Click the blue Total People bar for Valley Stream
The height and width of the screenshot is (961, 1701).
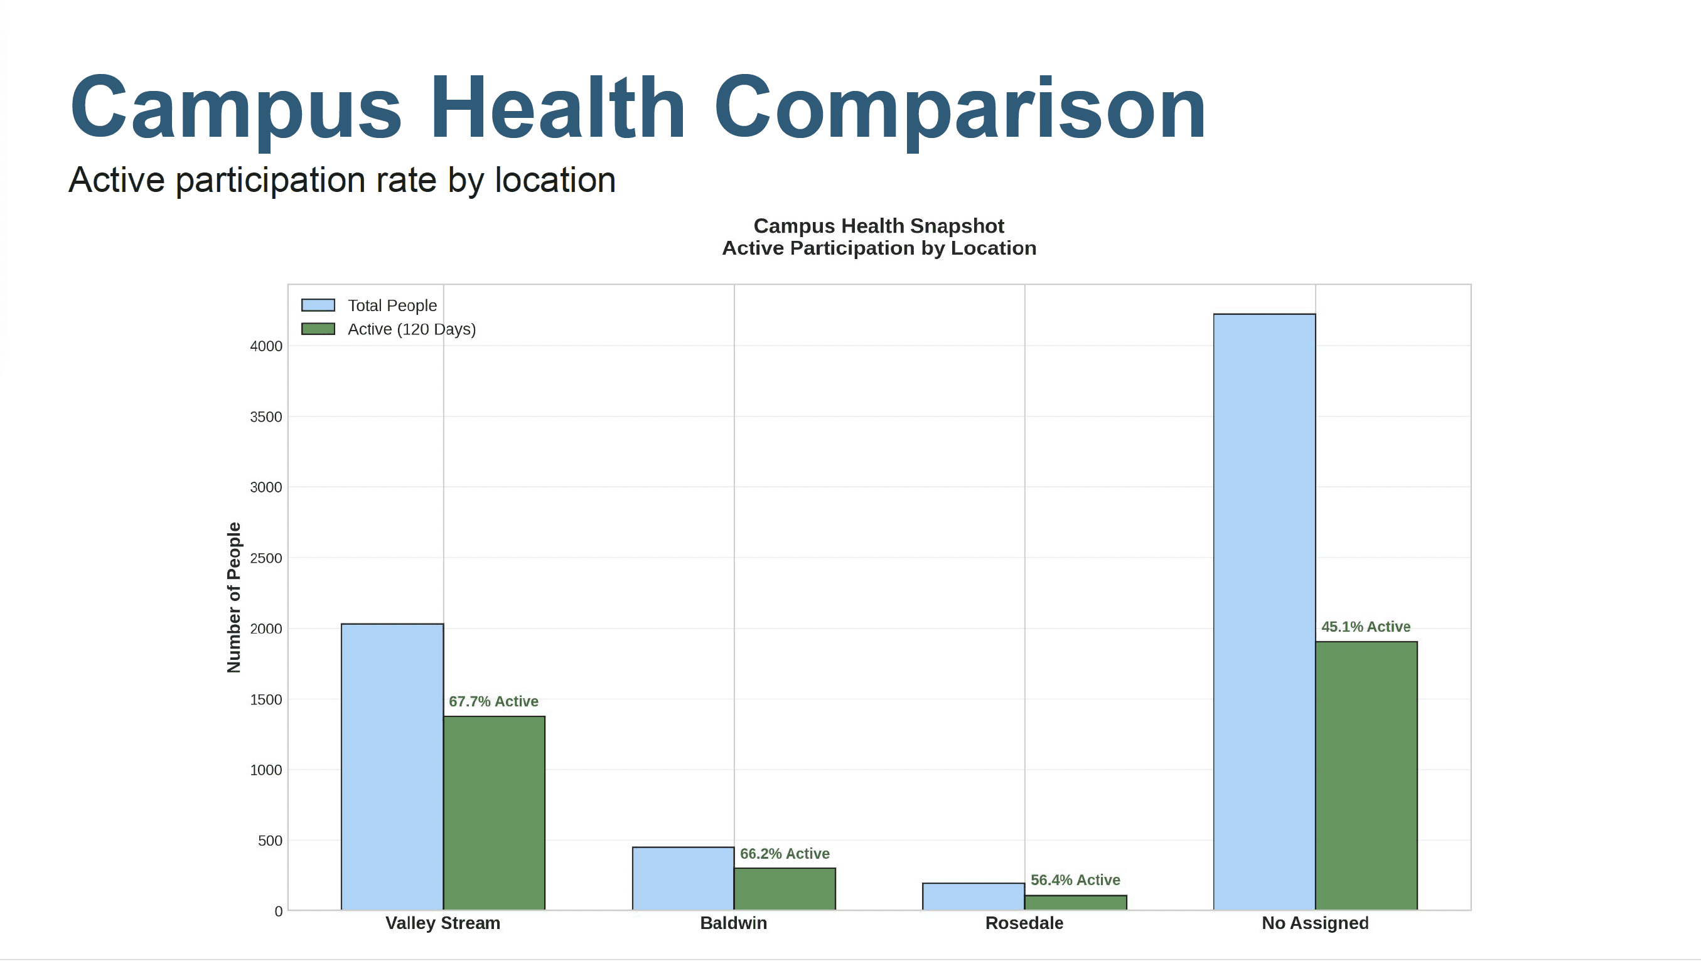point(392,767)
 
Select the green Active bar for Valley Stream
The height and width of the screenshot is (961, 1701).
point(494,812)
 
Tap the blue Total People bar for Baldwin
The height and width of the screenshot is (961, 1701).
point(683,878)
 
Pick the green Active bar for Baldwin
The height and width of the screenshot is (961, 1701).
point(785,888)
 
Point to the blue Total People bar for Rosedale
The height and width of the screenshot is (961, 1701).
point(974,896)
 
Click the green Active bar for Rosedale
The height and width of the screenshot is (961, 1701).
point(1075,902)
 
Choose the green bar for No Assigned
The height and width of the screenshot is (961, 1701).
point(1366,775)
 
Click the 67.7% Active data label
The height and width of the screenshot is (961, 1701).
point(493,701)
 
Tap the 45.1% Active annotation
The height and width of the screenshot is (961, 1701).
point(1366,627)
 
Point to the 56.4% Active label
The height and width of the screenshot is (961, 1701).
point(1075,880)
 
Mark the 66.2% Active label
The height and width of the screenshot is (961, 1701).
point(785,853)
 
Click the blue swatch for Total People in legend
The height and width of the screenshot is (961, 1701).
point(318,305)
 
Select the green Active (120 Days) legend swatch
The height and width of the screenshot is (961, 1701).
point(318,329)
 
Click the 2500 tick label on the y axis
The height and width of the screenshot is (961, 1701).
point(266,558)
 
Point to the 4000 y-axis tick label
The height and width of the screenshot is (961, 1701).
point(266,346)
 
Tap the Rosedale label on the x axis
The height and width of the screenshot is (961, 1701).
point(1024,923)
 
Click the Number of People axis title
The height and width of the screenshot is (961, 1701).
point(233,597)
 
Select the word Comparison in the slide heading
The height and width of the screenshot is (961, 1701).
point(960,109)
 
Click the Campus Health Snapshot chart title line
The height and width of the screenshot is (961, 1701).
point(878,226)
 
